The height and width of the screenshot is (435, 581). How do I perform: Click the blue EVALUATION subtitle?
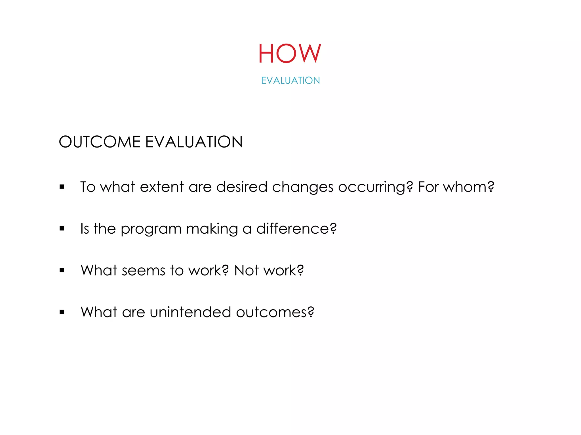click(x=290, y=80)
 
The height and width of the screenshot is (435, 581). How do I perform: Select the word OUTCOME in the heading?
click(x=99, y=142)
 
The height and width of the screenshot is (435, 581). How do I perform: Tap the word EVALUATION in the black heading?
click(x=194, y=142)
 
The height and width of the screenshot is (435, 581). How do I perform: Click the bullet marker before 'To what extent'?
click(x=62, y=187)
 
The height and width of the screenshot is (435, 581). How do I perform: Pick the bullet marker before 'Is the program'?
click(x=62, y=229)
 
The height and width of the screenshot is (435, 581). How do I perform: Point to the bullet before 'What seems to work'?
click(x=62, y=270)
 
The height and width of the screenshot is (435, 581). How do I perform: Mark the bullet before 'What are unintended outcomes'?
click(x=62, y=312)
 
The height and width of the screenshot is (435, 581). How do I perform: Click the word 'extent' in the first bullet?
click(x=162, y=187)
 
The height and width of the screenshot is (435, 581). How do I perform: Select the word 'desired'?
click(x=242, y=187)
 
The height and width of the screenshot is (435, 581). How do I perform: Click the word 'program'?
click(x=151, y=229)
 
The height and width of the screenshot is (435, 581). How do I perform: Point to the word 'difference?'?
click(x=296, y=229)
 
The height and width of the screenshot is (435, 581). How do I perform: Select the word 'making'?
click(x=212, y=229)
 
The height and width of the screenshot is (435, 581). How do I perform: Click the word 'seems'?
click(x=143, y=270)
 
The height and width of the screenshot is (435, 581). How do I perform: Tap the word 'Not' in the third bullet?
click(x=246, y=270)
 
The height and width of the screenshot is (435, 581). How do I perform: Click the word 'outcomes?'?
click(x=275, y=312)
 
